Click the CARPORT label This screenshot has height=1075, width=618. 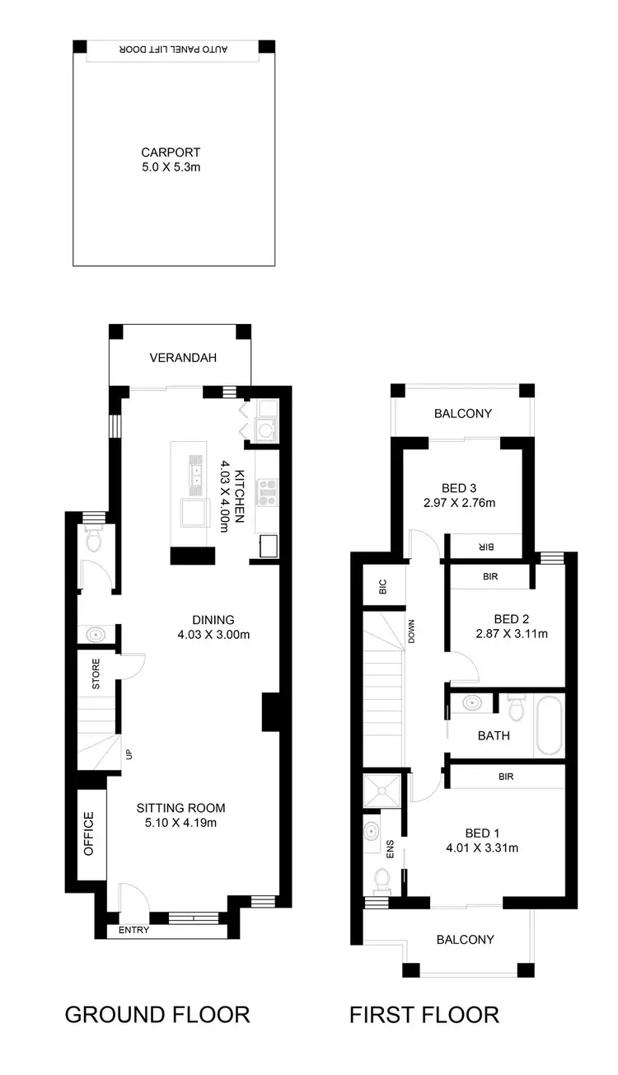(x=171, y=153)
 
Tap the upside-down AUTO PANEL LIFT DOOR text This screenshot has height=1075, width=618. (x=174, y=50)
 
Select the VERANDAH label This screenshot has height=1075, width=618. (x=182, y=358)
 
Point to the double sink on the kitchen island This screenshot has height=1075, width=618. (x=197, y=474)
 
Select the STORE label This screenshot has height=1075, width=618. (x=96, y=674)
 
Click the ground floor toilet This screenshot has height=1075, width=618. (x=93, y=540)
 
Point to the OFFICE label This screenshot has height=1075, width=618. (x=89, y=833)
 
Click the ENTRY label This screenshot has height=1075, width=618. (x=133, y=930)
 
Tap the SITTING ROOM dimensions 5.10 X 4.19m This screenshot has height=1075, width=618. (x=180, y=822)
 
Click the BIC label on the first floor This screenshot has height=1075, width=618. (x=381, y=587)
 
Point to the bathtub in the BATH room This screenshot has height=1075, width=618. (x=548, y=726)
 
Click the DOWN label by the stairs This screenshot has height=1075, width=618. (x=411, y=631)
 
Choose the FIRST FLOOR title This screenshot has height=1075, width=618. (x=424, y=1013)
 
